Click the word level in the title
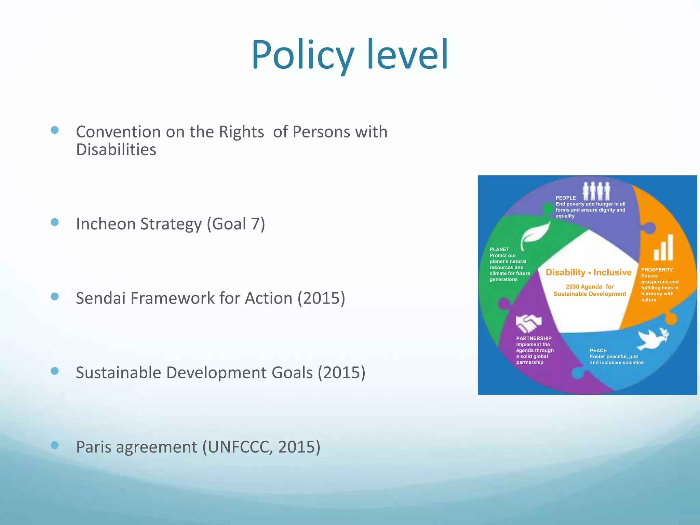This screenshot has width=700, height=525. [407, 55]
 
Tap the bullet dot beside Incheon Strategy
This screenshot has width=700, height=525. [55, 223]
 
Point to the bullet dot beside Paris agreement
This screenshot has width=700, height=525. [55, 445]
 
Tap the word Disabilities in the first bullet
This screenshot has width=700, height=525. [116, 150]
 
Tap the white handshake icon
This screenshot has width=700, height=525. [528, 323]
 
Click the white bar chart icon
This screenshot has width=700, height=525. [663, 247]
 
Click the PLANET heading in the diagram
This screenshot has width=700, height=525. [499, 250]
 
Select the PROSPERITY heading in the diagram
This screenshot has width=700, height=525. [657, 270]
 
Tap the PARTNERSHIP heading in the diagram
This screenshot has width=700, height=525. [534, 338]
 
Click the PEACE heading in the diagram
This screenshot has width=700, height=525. [598, 350]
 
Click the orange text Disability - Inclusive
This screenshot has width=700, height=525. [589, 272]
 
